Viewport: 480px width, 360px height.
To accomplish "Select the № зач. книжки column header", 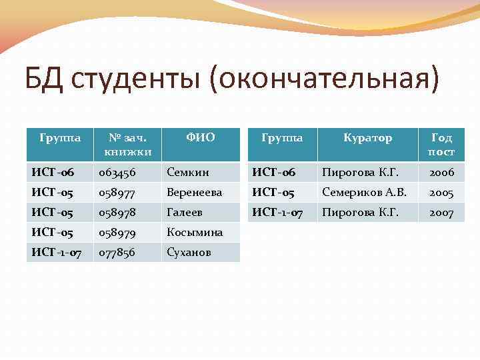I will pos(127,145).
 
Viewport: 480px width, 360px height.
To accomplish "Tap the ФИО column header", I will pos(200,138).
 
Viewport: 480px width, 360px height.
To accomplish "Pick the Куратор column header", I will pos(367,138).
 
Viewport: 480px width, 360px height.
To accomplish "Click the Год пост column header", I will pos(441,145).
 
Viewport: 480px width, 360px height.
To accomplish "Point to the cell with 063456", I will pos(117,173).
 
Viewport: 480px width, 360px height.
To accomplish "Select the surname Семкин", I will pos(188,173).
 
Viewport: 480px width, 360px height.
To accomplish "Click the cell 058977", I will pos(117,193).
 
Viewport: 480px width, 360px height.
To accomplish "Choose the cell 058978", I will pos(117,213).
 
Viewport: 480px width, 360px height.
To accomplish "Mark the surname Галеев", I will pos(185,213).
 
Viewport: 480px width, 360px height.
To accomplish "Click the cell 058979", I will pos(117,233).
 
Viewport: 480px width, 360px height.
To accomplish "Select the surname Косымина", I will pos(195,233).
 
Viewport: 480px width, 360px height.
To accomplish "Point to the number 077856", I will pos(117,253).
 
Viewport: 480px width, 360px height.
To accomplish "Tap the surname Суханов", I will pos(189,253).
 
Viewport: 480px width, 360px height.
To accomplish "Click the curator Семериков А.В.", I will pos(364,193).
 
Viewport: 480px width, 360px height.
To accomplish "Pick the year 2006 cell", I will pos(441,173).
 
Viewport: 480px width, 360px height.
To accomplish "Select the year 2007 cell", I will pos(441,213).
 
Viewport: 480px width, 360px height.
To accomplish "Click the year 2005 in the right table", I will pos(441,193).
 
